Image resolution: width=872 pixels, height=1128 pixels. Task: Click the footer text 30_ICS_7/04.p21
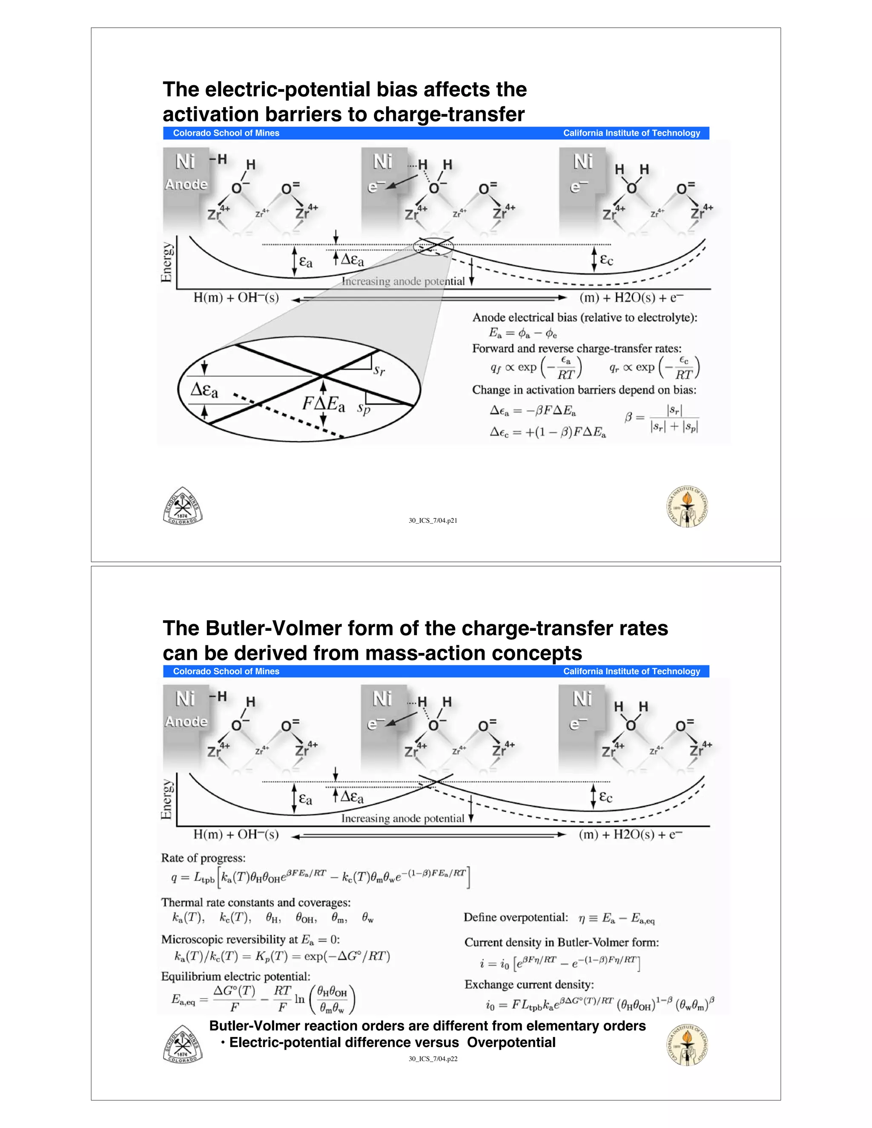coord(433,521)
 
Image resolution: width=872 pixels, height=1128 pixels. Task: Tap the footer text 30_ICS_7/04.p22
coord(433,1059)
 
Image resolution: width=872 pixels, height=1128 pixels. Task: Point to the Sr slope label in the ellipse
coord(379,370)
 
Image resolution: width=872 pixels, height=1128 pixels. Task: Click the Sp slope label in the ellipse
coord(364,409)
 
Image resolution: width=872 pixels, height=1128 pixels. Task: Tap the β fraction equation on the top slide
coord(662,418)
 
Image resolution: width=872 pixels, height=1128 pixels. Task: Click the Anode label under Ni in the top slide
coord(186,184)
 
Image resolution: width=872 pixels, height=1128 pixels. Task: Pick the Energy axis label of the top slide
coord(167,262)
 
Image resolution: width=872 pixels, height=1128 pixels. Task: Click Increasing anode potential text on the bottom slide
coord(402,819)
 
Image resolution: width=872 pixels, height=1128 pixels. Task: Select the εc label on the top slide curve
coord(606,259)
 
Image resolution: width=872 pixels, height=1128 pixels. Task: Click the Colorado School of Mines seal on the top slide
coord(183,506)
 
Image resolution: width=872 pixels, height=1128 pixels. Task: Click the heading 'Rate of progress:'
coord(204,858)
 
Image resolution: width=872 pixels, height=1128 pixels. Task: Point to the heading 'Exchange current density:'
coord(529,985)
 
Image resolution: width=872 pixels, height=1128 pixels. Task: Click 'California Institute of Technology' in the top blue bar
coord(631,133)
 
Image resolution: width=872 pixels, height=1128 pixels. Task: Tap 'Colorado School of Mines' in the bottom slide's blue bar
coord(226,671)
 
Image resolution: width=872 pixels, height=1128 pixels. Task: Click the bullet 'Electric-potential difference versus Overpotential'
coord(392,1043)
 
